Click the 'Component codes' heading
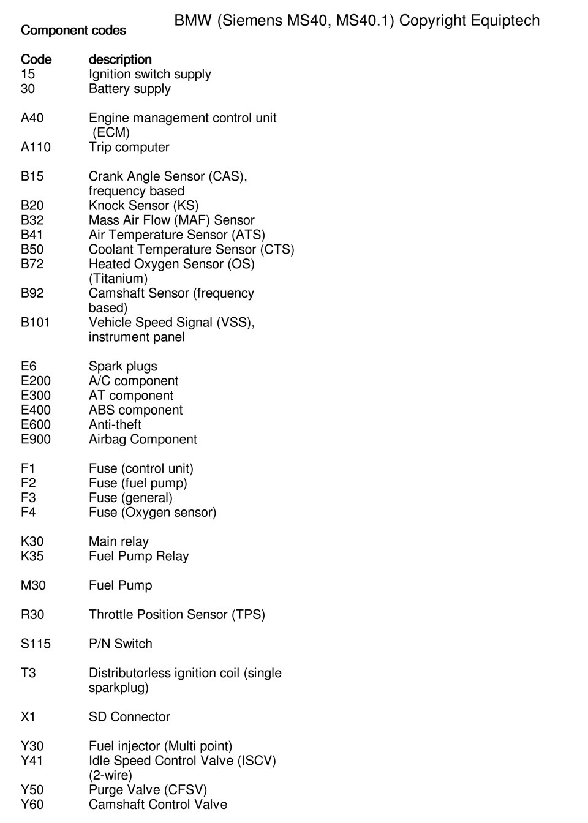[73, 30]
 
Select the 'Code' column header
[36, 59]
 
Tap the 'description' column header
[120, 59]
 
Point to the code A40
[32, 118]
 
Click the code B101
[36, 322]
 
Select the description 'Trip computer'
[129, 147]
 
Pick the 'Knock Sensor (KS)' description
[143, 205]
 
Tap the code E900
[36, 439]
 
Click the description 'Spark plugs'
[123, 366]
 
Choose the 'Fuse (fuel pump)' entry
[138, 483]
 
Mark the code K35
[32, 556]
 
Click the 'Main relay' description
[118, 541]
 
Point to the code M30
[33, 585]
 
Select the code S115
[36, 644]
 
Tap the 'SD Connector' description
[129, 716]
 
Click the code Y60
[32, 804]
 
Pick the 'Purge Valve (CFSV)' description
[148, 789]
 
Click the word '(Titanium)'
[118, 279]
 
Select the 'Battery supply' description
[129, 89]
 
